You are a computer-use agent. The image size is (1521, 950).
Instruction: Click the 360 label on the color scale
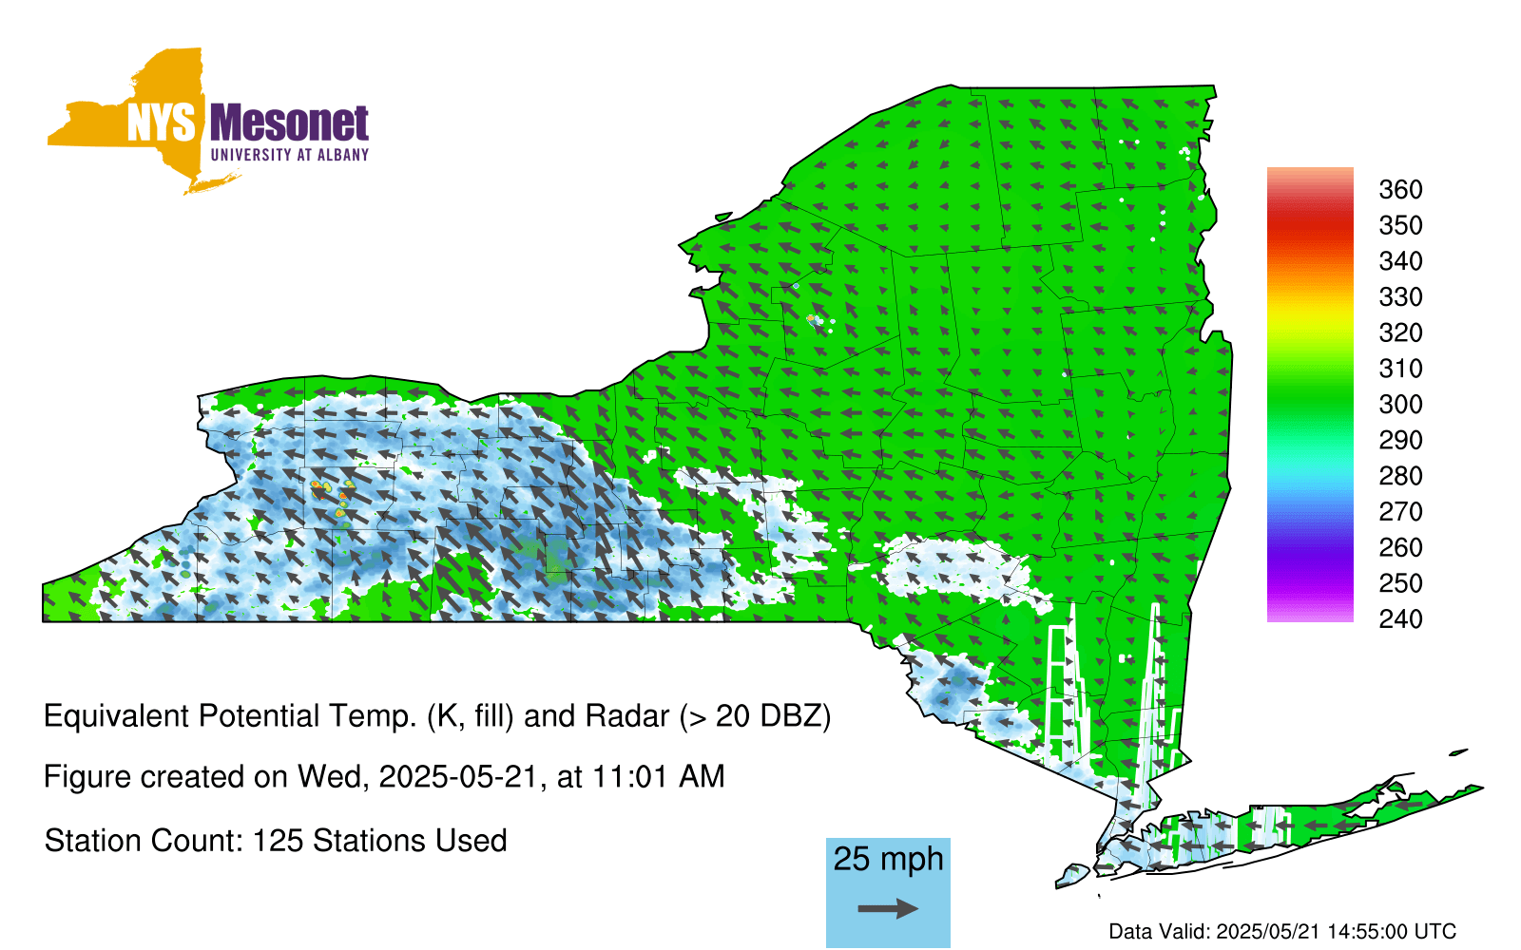tap(1400, 189)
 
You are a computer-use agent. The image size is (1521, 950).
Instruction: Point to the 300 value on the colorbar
tap(1400, 405)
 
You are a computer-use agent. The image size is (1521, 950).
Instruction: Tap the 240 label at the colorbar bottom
tap(1400, 618)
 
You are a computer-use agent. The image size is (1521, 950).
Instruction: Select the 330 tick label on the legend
tap(1400, 297)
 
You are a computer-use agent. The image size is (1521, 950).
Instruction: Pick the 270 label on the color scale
tap(1400, 512)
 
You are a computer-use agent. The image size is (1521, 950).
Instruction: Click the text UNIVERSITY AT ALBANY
tap(290, 155)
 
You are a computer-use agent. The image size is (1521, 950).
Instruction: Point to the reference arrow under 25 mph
tap(888, 908)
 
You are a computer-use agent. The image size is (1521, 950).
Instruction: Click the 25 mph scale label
tap(888, 860)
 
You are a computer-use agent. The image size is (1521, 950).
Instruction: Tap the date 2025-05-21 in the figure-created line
tap(457, 776)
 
